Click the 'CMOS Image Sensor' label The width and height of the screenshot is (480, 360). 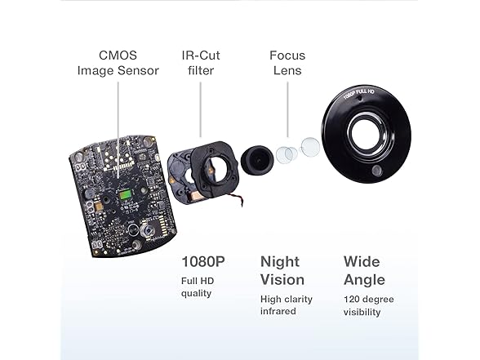(x=118, y=63)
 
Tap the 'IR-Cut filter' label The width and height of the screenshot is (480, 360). (x=201, y=63)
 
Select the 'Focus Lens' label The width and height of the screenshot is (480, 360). (x=287, y=63)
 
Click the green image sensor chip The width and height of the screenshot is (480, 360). (x=126, y=194)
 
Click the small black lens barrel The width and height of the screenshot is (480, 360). (x=257, y=161)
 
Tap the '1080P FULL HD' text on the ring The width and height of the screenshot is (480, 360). (x=358, y=94)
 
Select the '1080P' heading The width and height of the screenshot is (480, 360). (x=203, y=262)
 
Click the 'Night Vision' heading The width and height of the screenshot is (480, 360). (x=282, y=271)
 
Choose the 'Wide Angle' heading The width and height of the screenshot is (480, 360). (x=364, y=271)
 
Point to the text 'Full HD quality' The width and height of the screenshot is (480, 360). (x=198, y=287)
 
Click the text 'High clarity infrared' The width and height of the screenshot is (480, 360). (x=287, y=305)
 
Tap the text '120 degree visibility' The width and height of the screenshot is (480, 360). (x=369, y=305)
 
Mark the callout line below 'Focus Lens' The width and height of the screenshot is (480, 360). (x=287, y=109)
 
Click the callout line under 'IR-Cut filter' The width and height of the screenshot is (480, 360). (x=201, y=109)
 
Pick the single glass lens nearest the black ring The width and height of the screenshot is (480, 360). (x=310, y=146)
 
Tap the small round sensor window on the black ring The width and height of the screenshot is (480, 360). (x=376, y=171)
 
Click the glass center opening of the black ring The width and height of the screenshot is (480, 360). (x=366, y=134)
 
